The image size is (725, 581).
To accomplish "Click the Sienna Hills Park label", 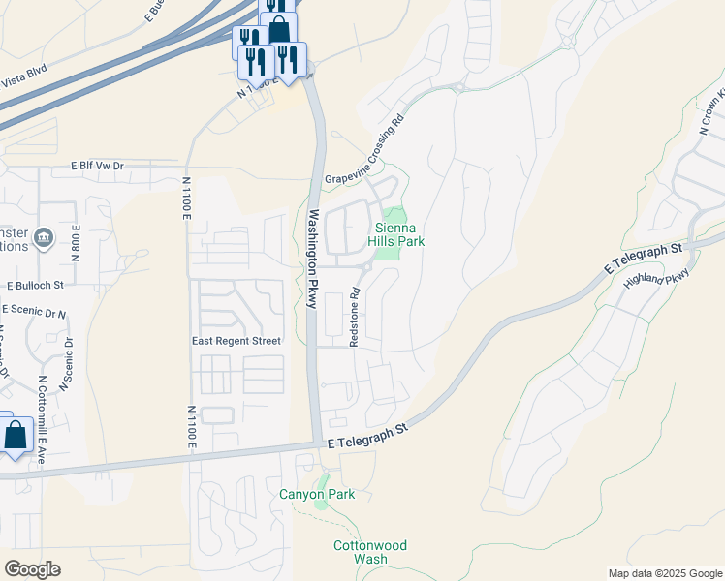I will [x=399, y=233].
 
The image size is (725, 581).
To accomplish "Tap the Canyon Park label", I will [x=317, y=494].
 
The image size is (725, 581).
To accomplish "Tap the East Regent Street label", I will [x=236, y=341].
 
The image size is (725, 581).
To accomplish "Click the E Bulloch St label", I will [x=35, y=286].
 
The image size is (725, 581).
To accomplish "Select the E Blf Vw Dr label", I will [x=98, y=167].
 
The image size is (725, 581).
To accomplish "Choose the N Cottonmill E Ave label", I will [x=42, y=420].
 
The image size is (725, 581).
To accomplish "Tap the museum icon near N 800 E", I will [x=43, y=237].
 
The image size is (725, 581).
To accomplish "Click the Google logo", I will [x=32, y=568].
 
